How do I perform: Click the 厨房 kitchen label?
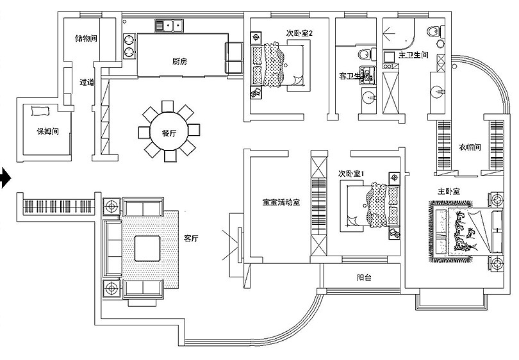[179, 61]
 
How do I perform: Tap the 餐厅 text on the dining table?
[169, 133]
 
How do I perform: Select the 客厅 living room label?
[191, 238]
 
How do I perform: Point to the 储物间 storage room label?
[86, 38]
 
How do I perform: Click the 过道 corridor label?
[86, 82]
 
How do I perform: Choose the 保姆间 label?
[47, 133]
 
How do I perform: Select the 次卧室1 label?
[351, 174]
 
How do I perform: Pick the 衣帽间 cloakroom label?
[470, 147]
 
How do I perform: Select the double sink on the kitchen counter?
[169, 26]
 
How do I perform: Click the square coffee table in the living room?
[147, 248]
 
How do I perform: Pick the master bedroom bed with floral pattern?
[463, 231]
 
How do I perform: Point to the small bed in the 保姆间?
[38, 112]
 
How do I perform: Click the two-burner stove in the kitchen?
[129, 45]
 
